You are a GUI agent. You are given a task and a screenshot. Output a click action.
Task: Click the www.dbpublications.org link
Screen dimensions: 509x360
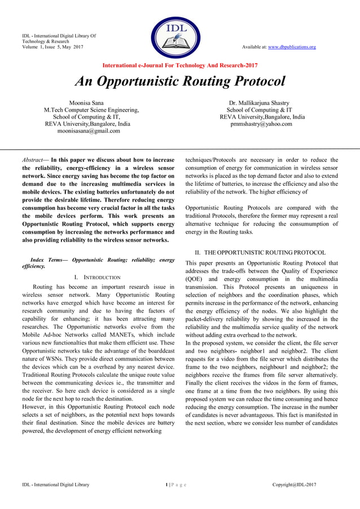click(x=292, y=47)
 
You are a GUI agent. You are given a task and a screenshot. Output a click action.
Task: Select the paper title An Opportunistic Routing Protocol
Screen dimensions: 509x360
click(x=180, y=81)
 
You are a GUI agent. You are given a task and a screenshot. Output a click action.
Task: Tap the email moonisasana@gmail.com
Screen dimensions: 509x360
click(x=88, y=130)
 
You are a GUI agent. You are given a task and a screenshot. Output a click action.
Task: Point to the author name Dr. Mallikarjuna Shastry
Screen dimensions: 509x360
click(x=259, y=103)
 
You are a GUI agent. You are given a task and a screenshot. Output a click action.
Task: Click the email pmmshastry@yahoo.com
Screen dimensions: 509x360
click(x=261, y=124)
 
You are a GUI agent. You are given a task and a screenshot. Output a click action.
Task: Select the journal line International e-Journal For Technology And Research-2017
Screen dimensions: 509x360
click(x=180, y=65)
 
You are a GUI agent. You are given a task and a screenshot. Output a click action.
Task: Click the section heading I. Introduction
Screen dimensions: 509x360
click(x=97, y=278)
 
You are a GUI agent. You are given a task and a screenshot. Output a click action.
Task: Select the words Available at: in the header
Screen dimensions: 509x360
click(x=254, y=47)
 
